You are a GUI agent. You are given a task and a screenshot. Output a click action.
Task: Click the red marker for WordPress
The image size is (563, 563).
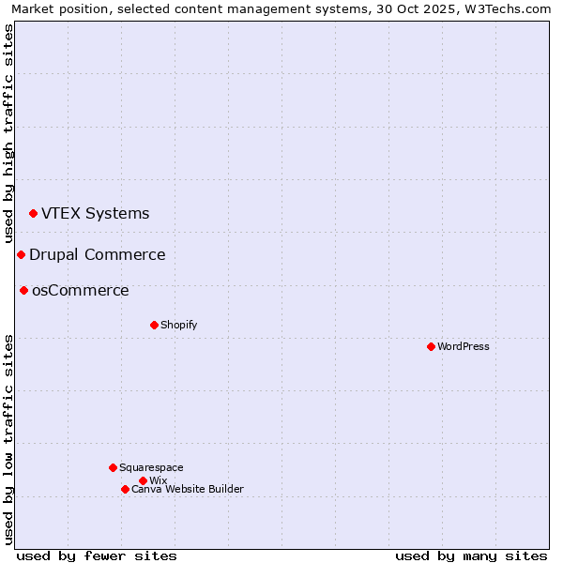point(431,346)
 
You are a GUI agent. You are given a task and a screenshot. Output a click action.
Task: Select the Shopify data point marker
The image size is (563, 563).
point(154,325)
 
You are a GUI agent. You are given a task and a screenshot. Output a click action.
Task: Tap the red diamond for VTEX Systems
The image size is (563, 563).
point(33,214)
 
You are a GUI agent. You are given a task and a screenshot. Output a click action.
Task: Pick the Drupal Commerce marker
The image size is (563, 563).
point(21,254)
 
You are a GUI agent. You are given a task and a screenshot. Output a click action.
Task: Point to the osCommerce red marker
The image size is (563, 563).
point(23,290)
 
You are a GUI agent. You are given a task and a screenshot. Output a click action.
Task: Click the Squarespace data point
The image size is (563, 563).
point(113,467)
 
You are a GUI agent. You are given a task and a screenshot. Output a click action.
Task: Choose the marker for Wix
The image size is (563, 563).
point(143,480)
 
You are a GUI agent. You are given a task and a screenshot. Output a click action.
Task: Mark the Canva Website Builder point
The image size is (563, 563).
point(125,489)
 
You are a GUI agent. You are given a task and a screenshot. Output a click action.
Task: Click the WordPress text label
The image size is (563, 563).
point(464,346)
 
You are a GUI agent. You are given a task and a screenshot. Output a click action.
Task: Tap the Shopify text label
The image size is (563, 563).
point(178,325)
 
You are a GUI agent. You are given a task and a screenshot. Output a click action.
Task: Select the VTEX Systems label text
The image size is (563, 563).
point(95,213)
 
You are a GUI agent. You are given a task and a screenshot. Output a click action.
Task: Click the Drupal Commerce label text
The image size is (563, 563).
point(97,254)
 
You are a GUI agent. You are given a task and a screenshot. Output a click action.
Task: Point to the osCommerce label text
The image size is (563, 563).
point(80,290)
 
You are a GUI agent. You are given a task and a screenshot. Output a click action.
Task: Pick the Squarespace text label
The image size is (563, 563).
point(151,467)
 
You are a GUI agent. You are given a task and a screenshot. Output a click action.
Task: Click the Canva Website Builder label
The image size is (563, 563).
point(187,489)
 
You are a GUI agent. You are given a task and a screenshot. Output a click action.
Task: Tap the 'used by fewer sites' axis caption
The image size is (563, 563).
point(97,555)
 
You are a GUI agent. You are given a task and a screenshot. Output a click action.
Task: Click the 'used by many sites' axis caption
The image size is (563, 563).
point(471,555)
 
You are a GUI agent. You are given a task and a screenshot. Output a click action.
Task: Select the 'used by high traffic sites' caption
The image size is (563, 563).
point(8,133)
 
